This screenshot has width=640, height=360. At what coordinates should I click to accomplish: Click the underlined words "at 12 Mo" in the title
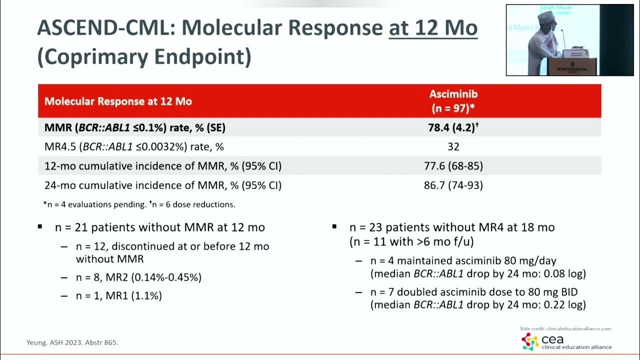pyautogui.click(x=433, y=28)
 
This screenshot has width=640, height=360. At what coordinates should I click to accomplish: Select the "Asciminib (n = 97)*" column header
pyautogui.click(x=453, y=101)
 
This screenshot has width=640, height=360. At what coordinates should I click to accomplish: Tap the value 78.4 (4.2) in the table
pyautogui.click(x=453, y=127)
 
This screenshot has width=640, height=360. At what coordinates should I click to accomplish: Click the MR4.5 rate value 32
pyautogui.click(x=453, y=147)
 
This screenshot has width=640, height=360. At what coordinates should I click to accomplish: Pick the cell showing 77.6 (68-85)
pyautogui.click(x=453, y=166)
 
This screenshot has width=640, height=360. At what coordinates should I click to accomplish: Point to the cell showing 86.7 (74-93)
pyautogui.click(x=453, y=185)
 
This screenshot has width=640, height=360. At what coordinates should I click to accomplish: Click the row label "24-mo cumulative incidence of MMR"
pyautogui.click(x=163, y=185)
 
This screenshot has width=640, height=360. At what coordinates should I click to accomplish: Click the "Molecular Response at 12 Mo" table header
pyautogui.click(x=118, y=101)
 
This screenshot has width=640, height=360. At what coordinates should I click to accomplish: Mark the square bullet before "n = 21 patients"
pyautogui.click(x=40, y=227)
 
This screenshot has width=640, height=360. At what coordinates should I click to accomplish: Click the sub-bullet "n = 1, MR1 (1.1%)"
pyautogui.click(x=119, y=295)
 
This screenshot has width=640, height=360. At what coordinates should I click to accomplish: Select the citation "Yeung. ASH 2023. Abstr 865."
pyautogui.click(x=72, y=342)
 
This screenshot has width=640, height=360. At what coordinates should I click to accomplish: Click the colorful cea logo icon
pyautogui.click(x=529, y=342)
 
